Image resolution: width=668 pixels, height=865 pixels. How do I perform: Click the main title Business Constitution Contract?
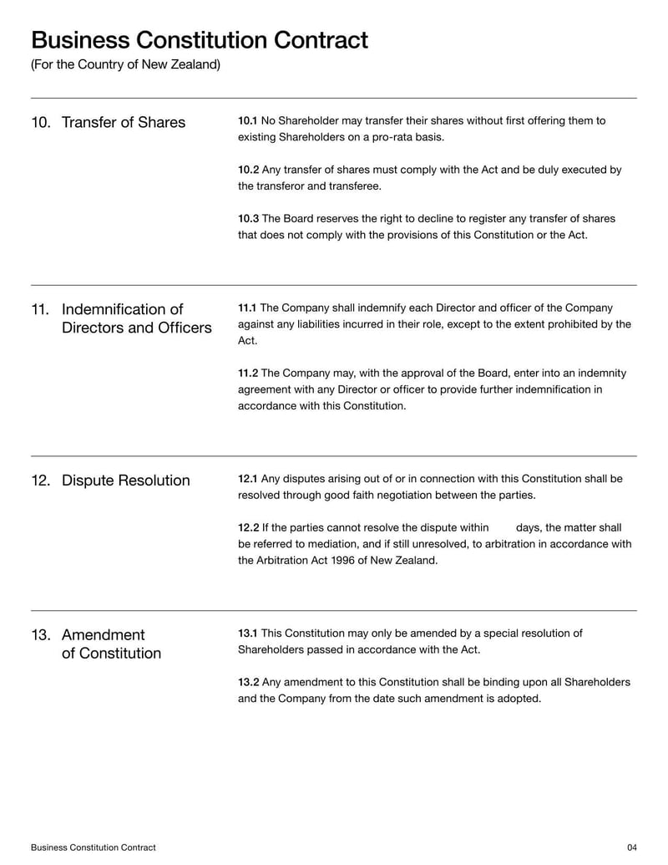pyautogui.click(x=199, y=40)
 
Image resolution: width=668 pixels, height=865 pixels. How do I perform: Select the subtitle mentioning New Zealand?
pyautogui.click(x=125, y=64)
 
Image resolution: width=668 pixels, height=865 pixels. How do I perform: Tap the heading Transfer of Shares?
pyautogui.click(x=124, y=123)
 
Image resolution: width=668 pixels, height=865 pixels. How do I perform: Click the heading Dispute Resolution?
pyautogui.click(x=125, y=481)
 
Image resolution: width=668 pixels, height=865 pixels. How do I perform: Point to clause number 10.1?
pyautogui.click(x=248, y=121)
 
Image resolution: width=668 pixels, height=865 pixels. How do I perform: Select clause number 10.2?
pyautogui.click(x=248, y=170)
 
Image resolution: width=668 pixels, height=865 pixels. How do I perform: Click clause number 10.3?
pyautogui.click(x=248, y=219)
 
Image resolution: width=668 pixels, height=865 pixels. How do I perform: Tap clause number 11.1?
pyautogui.click(x=248, y=308)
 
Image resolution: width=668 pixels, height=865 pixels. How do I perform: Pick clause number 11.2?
pyautogui.click(x=248, y=374)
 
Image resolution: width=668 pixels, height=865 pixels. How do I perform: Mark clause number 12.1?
pyautogui.click(x=248, y=479)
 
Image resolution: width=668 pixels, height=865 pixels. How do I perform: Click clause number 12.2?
pyautogui.click(x=248, y=528)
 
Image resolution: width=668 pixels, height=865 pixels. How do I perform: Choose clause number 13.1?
pyautogui.click(x=248, y=633)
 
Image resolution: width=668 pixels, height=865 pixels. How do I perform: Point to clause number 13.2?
pyautogui.click(x=248, y=683)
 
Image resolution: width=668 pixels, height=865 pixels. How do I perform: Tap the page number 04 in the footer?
pyautogui.click(x=631, y=847)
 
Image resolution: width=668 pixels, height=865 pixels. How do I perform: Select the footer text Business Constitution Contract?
pyautogui.click(x=93, y=847)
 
